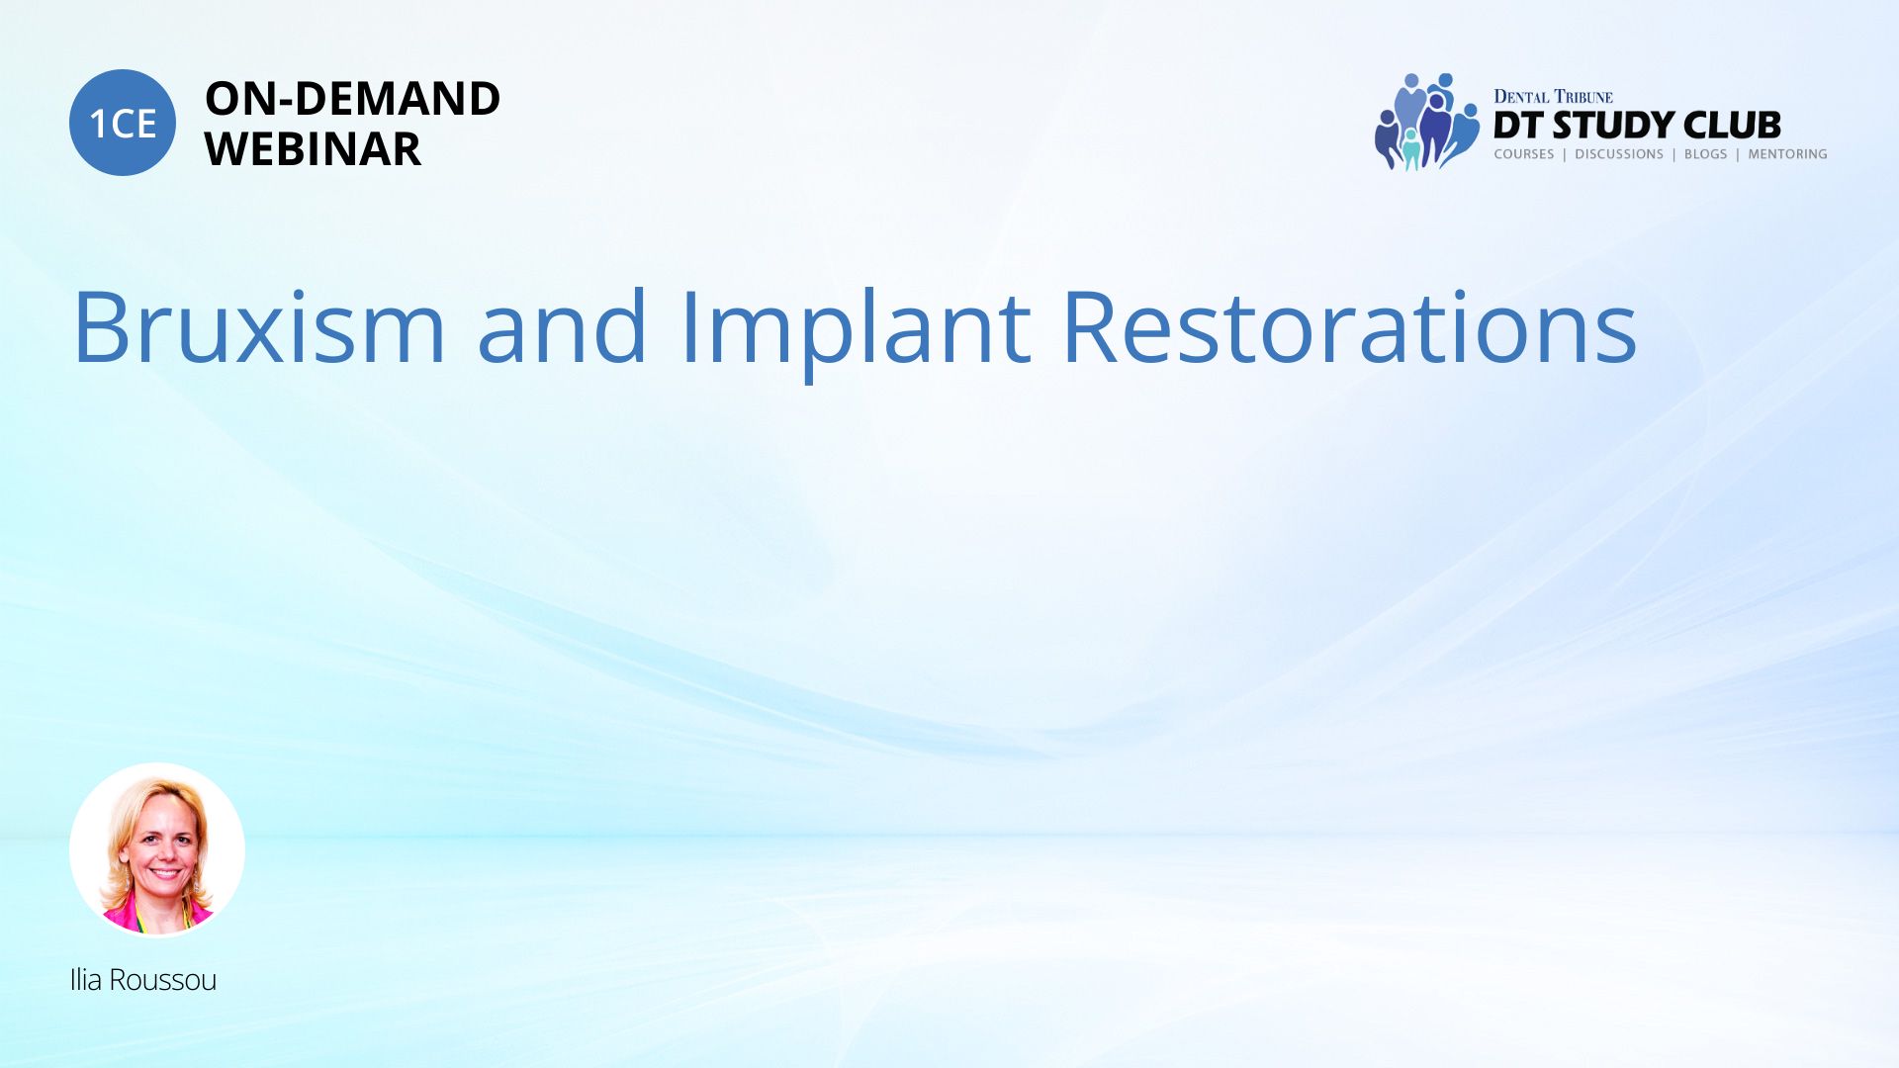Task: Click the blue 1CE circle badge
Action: [123, 123]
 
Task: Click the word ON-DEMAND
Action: [352, 99]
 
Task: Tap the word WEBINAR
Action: [313, 149]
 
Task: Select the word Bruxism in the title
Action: [259, 326]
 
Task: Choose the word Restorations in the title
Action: [1350, 326]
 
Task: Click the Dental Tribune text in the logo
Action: [1553, 97]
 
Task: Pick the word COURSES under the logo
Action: [1524, 154]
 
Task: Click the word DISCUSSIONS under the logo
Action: [1619, 154]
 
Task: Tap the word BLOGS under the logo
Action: [1705, 154]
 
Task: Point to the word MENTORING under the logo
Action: [1787, 154]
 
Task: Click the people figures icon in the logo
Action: [1427, 122]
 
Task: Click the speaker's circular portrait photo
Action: [157, 849]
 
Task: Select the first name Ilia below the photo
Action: [86, 979]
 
